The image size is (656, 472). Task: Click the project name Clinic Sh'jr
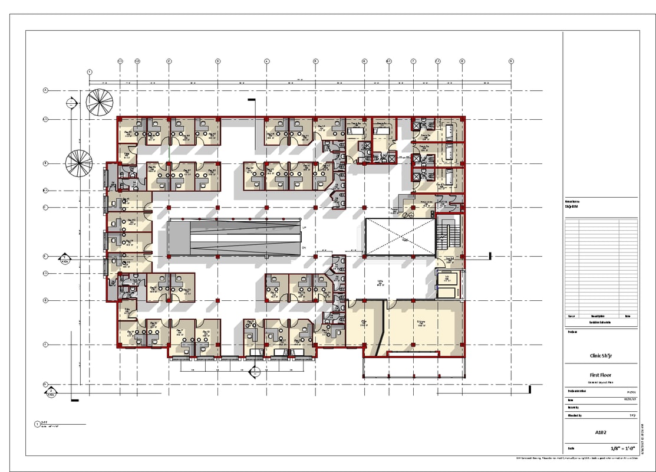click(601, 356)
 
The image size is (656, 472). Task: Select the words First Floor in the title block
click(601, 375)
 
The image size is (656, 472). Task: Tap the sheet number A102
click(601, 432)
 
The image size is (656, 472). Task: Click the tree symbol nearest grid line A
click(99, 101)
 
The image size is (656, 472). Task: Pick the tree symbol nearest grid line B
click(78, 163)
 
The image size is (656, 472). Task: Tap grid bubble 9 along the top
click(511, 61)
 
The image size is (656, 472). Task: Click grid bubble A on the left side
click(45, 90)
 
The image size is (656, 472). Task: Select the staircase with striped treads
click(448, 236)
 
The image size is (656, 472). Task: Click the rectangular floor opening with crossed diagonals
click(400, 236)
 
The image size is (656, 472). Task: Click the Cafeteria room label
click(421, 323)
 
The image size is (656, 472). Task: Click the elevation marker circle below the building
click(255, 372)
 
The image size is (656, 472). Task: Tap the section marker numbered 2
click(51, 391)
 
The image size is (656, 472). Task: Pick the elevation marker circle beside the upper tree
click(71, 103)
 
